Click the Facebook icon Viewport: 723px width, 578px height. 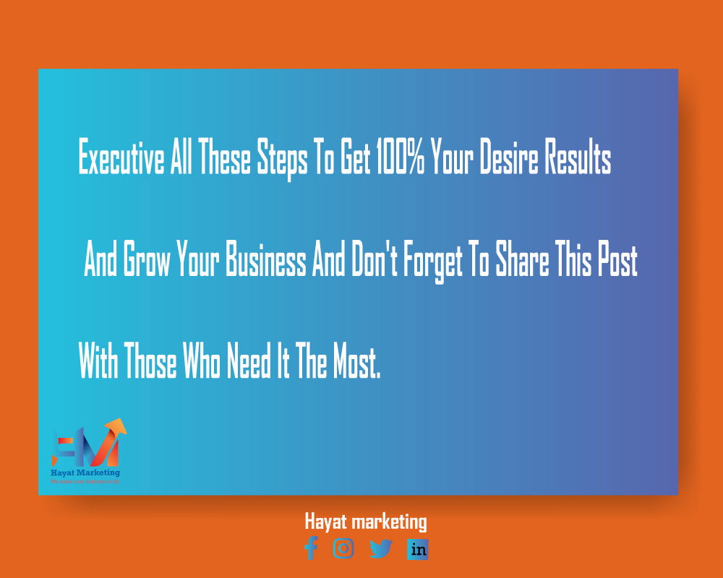(311, 548)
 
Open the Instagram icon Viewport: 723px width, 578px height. (343, 548)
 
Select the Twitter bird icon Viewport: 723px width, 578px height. (381, 549)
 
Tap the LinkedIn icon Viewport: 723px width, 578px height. (418, 549)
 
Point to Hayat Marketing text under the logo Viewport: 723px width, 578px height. (85, 473)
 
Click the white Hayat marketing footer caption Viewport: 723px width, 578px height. (365, 521)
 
